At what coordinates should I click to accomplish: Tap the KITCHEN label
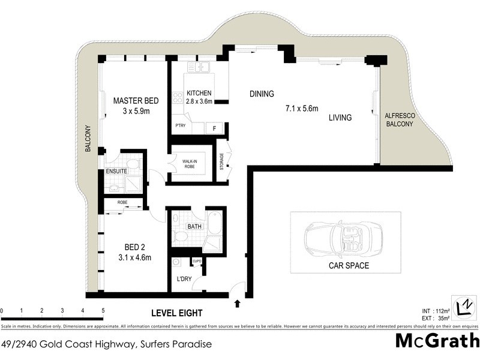click(199, 94)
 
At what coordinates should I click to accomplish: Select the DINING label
click(262, 94)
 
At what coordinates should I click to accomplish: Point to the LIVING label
click(340, 118)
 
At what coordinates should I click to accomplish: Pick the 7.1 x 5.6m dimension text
click(301, 109)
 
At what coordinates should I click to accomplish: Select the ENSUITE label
click(116, 171)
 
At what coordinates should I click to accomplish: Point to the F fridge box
click(214, 128)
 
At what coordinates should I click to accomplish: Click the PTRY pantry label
click(179, 126)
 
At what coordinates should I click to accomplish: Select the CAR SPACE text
click(348, 265)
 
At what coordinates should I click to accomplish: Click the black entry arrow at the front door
click(238, 304)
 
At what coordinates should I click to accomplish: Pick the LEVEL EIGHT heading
click(176, 313)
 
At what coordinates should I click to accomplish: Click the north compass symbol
click(464, 307)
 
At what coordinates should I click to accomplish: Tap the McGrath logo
click(437, 341)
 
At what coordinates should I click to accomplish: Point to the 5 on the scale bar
click(103, 311)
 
